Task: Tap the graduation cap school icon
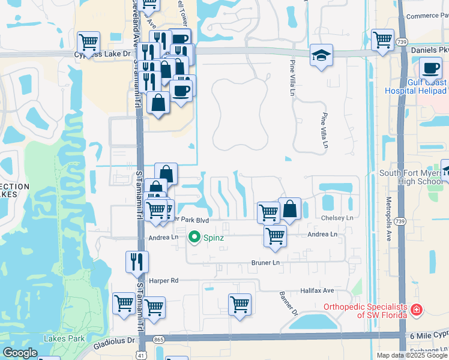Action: (x=321, y=56)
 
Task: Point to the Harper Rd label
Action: (x=164, y=280)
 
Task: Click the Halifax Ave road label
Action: (x=317, y=290)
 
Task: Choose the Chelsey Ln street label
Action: (x=337, y=218)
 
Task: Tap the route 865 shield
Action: (x=158, y=340)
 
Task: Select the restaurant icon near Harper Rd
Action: (x=137, y=261)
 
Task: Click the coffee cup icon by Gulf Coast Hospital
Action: (x=430, y=68)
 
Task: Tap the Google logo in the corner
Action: (x=20, y=352)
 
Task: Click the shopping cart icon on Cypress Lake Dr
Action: (x=89, y=42)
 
